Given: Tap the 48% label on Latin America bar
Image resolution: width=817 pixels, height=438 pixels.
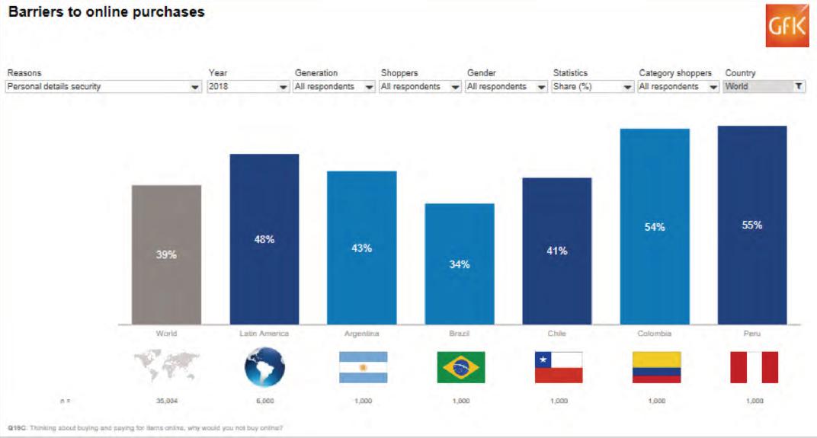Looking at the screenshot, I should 264,239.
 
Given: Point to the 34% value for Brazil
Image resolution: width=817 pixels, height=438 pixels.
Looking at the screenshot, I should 460,264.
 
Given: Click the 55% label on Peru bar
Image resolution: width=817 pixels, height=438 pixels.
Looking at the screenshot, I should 752,225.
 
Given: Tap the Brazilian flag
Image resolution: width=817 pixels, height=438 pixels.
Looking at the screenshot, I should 460,368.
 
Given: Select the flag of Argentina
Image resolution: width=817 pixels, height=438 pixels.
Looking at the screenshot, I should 363,368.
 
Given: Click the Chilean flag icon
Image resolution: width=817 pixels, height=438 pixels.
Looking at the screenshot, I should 559,368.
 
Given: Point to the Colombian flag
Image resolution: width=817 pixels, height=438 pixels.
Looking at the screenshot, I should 656,368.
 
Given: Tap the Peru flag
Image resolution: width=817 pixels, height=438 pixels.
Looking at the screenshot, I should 754,368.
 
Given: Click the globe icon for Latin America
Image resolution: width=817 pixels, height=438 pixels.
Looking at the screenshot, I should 264,368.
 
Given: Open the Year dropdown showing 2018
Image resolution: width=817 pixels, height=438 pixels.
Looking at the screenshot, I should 248,87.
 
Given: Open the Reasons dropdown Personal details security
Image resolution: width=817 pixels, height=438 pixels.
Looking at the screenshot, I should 103,87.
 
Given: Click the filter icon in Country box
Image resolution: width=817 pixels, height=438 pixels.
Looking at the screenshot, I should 798,87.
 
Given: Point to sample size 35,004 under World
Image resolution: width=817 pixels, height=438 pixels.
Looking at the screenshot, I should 166,401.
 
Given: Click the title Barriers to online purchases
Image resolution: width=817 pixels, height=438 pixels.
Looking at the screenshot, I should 106,12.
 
